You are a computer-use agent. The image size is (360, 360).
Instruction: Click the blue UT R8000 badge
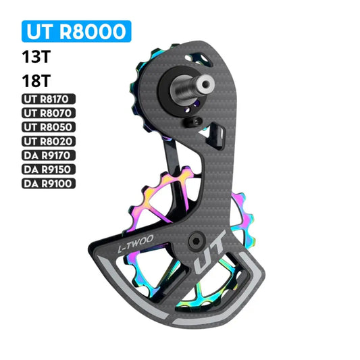coord(76,32)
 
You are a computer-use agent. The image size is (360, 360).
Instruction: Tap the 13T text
coord(36,57)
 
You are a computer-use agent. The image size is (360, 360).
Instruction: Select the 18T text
coord(36,81)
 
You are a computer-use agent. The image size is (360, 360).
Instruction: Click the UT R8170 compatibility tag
coord(49,99)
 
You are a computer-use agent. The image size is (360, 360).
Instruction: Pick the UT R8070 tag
coord(49,113)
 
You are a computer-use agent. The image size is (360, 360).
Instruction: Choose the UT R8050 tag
coord(49,127)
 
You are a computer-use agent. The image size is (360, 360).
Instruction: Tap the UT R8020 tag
coord(49,141)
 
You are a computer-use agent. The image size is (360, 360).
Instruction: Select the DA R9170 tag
coord(49,155)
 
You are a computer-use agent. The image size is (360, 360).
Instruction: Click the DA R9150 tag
coord(49,170)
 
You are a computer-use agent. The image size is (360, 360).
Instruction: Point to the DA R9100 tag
coord(49,184)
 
